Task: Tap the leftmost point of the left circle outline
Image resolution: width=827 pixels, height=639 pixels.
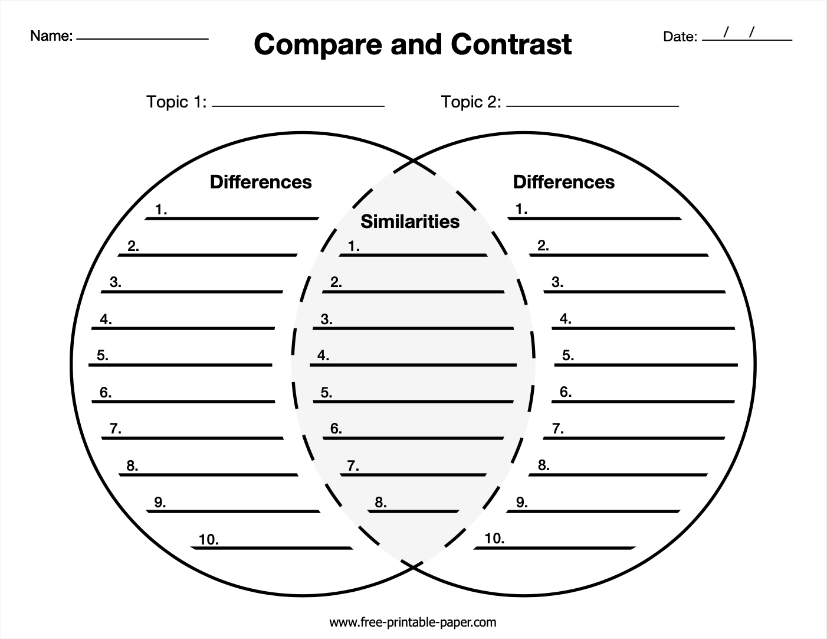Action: tap(71, 364)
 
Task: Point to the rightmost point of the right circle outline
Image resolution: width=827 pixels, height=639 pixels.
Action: tap(756, 364)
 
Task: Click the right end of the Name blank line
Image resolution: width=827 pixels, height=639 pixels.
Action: tap(208, 39)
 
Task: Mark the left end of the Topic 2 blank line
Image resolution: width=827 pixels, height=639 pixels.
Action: tap(507, 106)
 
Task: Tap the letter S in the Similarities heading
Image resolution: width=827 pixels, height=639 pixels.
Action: tap(366, 221)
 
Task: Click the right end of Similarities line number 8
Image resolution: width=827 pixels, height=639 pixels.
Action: tap(458, 511)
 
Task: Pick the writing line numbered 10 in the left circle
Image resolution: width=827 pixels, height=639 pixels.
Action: tap(272, 548)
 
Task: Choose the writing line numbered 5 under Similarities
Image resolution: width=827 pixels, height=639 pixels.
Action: tap(413, 402)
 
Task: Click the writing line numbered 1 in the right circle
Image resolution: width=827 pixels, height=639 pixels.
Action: tap(595, 219)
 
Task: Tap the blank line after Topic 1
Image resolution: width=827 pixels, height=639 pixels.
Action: tap(298, 106)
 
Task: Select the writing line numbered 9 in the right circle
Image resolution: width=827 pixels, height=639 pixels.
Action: tap(593, 511)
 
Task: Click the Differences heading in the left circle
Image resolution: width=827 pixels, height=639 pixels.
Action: tap(261, 182)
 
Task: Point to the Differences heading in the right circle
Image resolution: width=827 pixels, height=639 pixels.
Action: tap(564, 182)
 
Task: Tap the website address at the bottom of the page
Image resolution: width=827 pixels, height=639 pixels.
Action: tap(413, 622)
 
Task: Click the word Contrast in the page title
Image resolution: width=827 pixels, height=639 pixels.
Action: tap(511, 44)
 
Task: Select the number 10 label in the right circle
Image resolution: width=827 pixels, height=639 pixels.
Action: tap(494, 539)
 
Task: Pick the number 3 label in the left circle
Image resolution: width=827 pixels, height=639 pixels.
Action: tap(115, 282)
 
